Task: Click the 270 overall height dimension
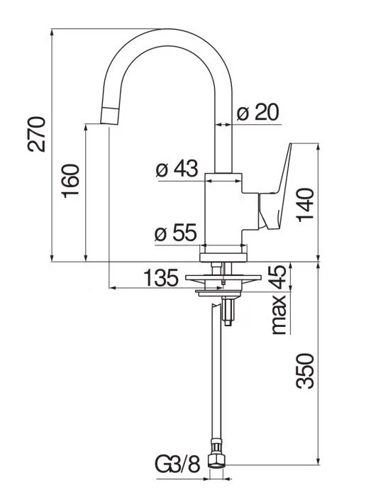(x=37, y=134)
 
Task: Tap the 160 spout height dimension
(x=70, y=181)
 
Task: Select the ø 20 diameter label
(x=258, y=112)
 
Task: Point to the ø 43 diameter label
(x=177, y=168)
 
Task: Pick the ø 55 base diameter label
(x=176, y=233)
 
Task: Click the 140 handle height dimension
(x=305, y=204)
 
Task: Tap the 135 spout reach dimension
(x=161, y=278)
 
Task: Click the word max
(x=279, y=314)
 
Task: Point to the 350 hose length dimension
(x=305, y=371)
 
